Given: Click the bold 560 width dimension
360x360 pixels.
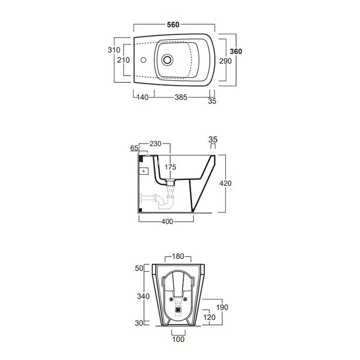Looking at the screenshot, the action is click(173, 25).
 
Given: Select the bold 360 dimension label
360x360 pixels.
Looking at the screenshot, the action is click(236, 51).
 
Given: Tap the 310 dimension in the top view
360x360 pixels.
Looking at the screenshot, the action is click(114, 50).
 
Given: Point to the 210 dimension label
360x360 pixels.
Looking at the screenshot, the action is click(123, 60).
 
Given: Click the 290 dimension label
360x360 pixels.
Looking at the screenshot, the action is click(225, 61).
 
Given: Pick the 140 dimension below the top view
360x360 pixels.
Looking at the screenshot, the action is click(142, 97).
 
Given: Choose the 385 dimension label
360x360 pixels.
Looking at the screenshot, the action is click(181, 97).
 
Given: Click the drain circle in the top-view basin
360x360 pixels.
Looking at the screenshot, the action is click(167, 60).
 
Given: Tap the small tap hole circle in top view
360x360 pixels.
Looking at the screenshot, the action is click(143, 60).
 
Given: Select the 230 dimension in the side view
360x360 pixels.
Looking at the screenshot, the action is click(155, 143).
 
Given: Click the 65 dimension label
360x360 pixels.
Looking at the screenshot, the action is click(134, 148).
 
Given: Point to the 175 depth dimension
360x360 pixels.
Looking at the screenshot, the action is click(170, 167).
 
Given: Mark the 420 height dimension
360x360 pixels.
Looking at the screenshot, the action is click(225, 183).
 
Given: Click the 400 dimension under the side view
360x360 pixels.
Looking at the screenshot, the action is click(167, 222).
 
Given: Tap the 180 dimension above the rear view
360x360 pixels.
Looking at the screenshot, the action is click(178, 256).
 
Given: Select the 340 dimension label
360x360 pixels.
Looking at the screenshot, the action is click(143, 296).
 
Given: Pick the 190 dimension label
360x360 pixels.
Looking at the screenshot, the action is click(222, 307).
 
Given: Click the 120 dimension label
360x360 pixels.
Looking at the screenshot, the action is click(209, 317).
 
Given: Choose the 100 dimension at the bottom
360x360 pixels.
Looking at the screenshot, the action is click(178, 339).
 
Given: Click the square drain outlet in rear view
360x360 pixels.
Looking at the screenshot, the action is click(178, 310).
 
